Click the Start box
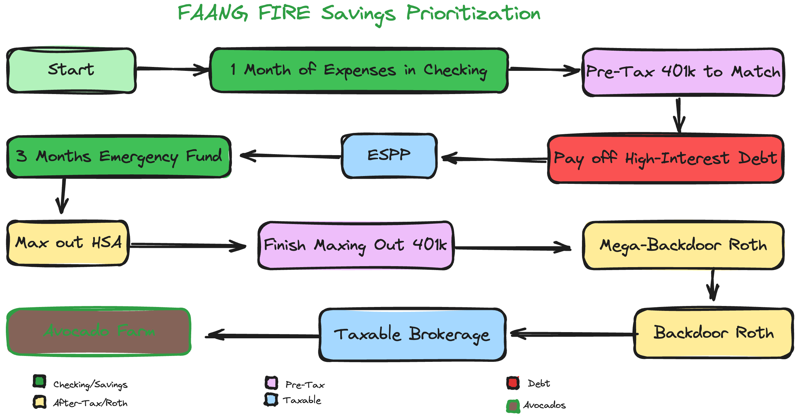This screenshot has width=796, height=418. [x=71, y=70]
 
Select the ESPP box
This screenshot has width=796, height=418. [x=389, y=156]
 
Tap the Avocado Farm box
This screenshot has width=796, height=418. [x=99, y=331]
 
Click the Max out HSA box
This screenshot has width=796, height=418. [x=68, y=243]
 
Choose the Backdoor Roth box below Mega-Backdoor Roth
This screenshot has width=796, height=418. [x=713, y=333]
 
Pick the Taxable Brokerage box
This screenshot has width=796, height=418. [x=412, y=335]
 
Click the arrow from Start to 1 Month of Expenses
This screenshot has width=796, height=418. [x=173, y=69]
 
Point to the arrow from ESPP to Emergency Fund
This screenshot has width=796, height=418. [x=290, y=156]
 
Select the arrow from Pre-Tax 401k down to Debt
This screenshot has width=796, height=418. [x=679, y=115]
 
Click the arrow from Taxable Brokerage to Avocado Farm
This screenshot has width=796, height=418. [x=262, y=335]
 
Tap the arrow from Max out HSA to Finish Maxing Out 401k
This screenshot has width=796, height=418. [x=188, y=246]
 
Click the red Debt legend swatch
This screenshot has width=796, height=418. [x=513, y=383]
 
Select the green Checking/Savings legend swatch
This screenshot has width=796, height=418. [x=39, y=381]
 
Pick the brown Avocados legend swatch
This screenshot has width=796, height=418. [x=513, y=406]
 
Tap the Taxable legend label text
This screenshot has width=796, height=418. [x=302, y=400]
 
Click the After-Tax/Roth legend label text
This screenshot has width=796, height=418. [x=90, y=403]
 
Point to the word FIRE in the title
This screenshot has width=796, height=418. [x=284, y=13]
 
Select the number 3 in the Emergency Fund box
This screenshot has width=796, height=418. [x=22, y=156]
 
